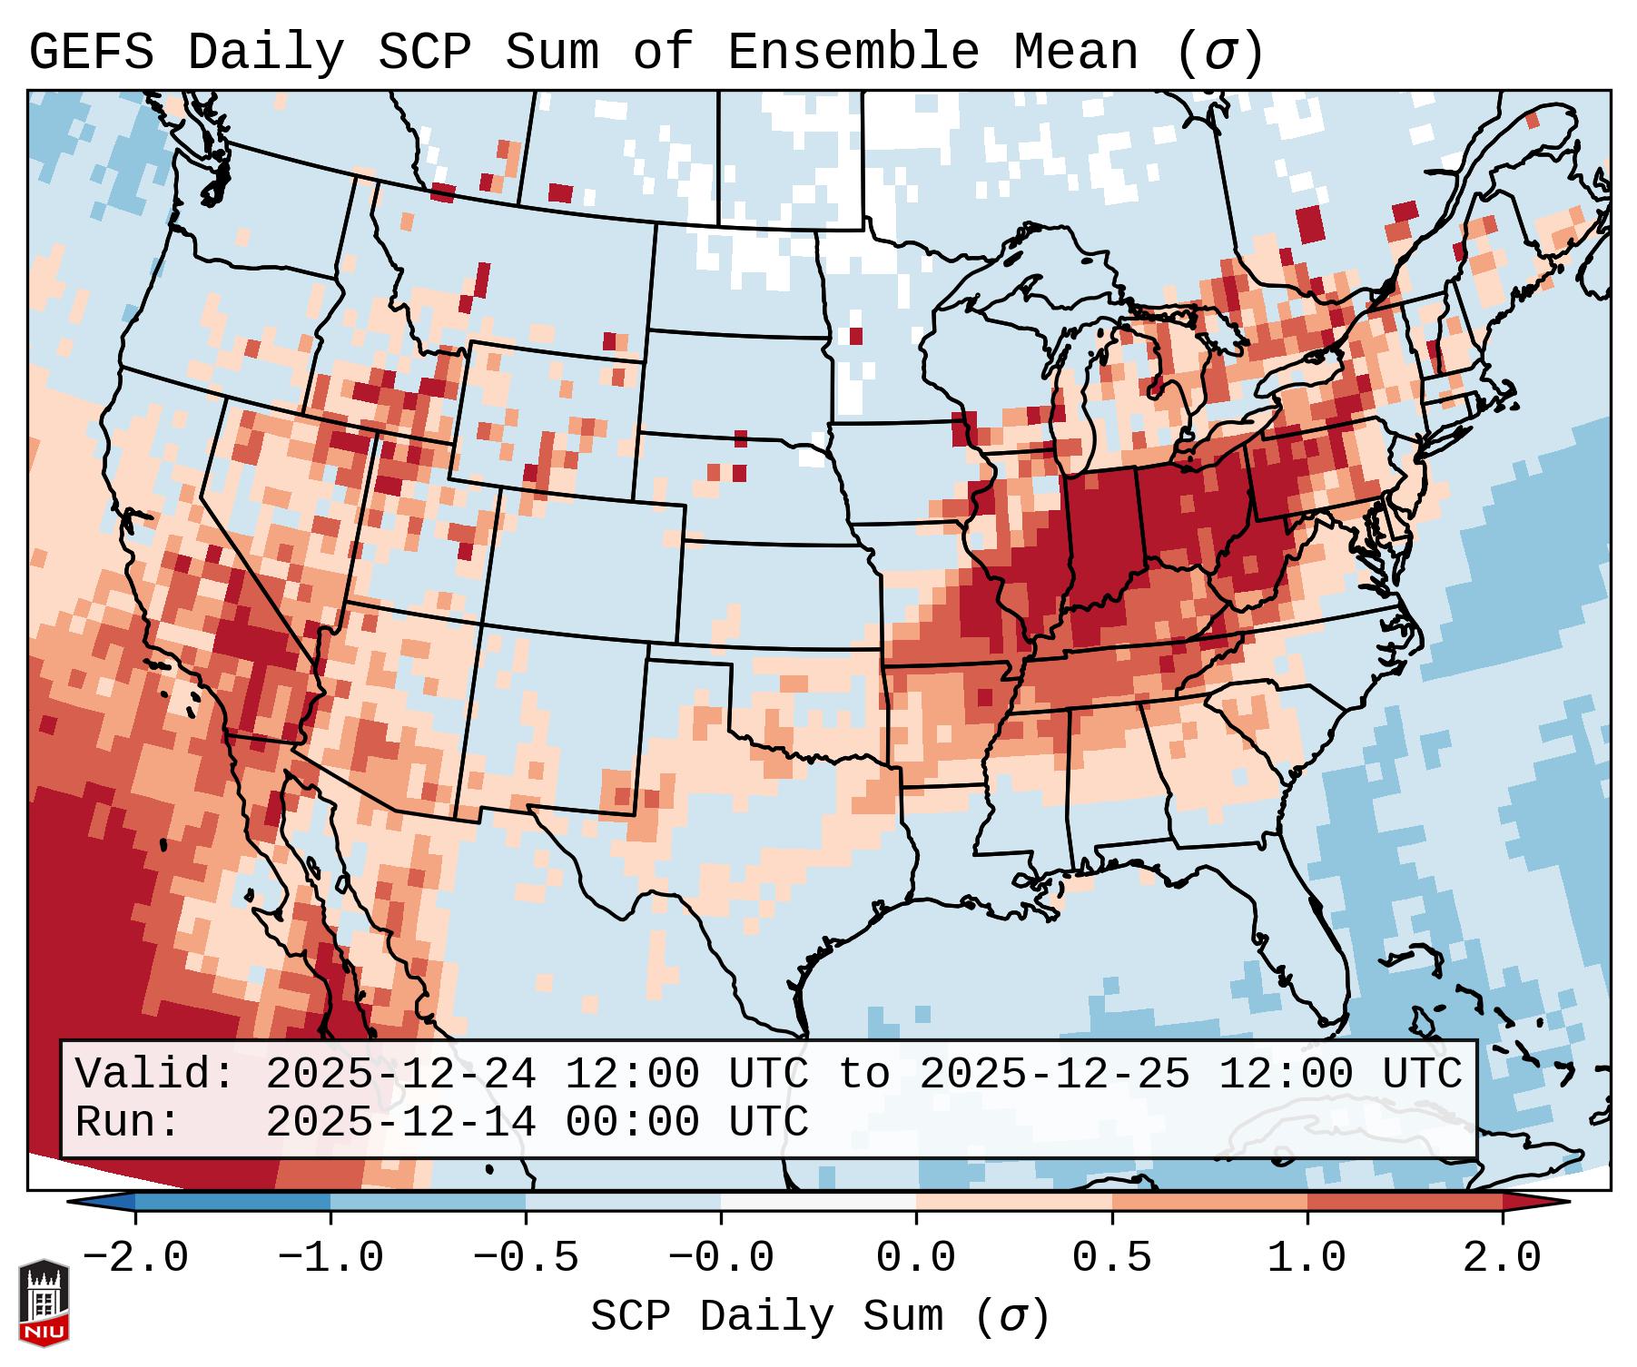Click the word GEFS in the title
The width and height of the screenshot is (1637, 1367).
[x=91, y=53]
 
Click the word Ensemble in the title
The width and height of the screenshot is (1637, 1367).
[x=853, y=53]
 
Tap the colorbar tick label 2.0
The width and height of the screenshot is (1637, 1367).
[x=1502, y=1258]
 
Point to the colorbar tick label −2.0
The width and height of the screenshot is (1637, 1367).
[x=135, y=1258]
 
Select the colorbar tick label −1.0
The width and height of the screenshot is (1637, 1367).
[x=330, y=1258]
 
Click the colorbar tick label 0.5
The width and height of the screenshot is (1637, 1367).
[x=1111, y=1258]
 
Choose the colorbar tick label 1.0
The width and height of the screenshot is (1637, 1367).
[x=1307, y=1258]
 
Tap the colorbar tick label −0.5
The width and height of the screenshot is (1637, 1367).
[x=526, y=1258]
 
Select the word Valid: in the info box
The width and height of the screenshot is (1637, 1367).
[x=154, y=1075]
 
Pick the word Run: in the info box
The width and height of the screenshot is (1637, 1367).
[x=128, y=1122]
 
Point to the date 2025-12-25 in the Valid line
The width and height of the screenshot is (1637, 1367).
[x=1054, y=1075]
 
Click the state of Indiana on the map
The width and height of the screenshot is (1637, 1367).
[x=1100, y=536]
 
